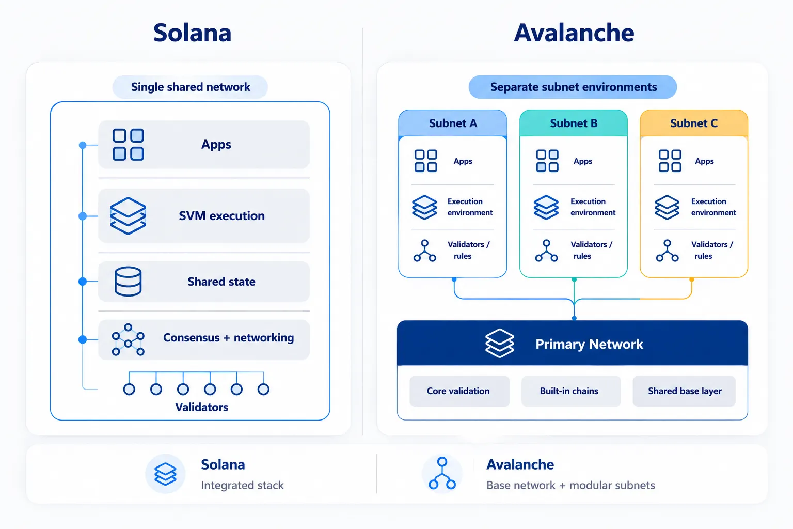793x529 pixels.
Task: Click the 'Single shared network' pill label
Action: coord(190,87)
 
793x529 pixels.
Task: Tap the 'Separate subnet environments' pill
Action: coord(573,87)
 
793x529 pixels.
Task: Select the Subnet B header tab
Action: coord(574,123)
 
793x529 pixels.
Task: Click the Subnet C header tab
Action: coord(694,123)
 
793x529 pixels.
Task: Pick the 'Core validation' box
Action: coord(459,391)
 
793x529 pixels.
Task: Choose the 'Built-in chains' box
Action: coord(571,391)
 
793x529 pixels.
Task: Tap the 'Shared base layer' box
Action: coord(684,391)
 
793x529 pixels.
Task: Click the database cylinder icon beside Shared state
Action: coord(128,282)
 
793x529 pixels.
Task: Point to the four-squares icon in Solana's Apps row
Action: coord(128,145)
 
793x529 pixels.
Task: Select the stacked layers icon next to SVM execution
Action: coord(128,216)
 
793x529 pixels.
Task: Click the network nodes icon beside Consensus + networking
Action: coord(128,339)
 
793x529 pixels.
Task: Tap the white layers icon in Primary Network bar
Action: coord(500,344)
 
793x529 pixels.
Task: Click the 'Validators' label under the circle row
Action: coord(201,407)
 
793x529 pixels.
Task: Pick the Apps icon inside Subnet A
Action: coord(425,161)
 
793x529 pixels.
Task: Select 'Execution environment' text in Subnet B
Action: coord(593,207)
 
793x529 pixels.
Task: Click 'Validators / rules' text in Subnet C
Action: coord(712,250)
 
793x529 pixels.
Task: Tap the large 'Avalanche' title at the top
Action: coord(574,33)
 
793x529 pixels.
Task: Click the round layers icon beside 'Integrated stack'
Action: coord(165,474)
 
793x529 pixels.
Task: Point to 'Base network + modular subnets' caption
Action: coord(570,485)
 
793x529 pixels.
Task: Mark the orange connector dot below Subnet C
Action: coord(692,279)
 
